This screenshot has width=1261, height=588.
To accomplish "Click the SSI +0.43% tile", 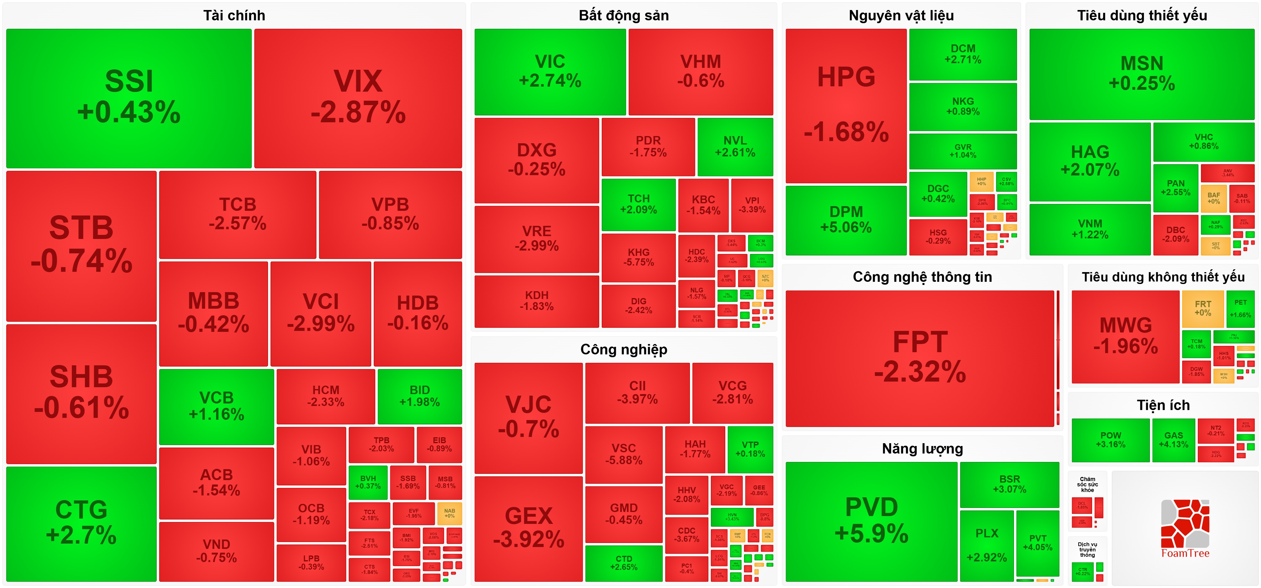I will (x=129, y=98).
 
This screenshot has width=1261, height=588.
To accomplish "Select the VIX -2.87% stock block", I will (x=358, y=98).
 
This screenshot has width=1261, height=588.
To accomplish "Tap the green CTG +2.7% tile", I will (x=81, y=523).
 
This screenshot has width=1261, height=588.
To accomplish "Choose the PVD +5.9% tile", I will (x=871, y=521).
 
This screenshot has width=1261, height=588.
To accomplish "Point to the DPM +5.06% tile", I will (x=846, y=220).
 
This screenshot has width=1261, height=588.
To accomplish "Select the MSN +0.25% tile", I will (x=1142, y=74).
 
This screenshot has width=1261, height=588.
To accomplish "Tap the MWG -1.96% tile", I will (x=1125, y=336).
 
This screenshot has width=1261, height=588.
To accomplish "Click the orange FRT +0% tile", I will (x=1203, y=308).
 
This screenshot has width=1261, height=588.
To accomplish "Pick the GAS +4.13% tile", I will (x=1173, y=440).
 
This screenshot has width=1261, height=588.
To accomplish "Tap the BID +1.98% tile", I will (x=419, y=396).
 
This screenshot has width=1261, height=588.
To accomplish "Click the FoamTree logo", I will (x=1185, y=529).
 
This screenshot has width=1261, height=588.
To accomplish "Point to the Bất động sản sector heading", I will (x=624, y=16).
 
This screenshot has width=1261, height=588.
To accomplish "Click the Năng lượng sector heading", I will (x=922, y=449).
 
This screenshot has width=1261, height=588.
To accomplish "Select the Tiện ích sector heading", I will (x=1163, y=405).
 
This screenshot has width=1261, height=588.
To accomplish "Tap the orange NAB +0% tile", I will (x=449, y=513).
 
